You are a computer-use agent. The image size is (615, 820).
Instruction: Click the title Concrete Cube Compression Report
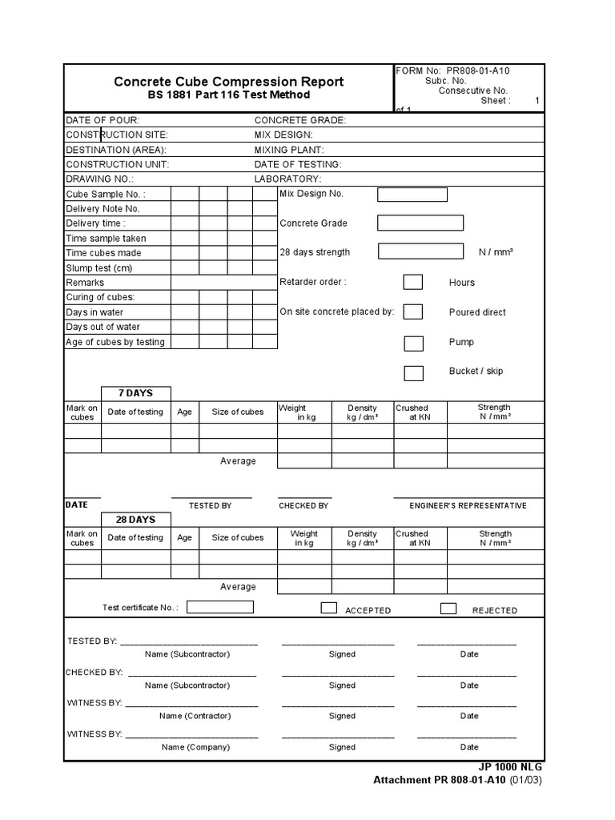(x=228, y=82)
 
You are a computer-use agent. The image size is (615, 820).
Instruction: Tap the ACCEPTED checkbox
(x=328, y=608)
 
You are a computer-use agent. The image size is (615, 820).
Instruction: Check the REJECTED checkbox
(x=448, y=608)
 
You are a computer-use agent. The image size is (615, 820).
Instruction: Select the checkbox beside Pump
(x=413, y=344)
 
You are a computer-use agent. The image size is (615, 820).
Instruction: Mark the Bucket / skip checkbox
(x=413, y=373)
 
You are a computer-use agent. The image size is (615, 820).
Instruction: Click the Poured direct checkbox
(x=413, y=312)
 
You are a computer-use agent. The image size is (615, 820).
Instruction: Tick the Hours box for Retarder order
(x=413, y=282)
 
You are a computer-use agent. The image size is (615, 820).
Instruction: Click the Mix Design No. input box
(x=412, y=195)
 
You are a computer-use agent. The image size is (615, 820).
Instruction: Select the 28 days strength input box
(x=420, y=251)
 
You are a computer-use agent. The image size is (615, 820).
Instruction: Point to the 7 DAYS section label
(x=135, y=393)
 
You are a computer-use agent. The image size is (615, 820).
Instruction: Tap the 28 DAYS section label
(x=135, y=520)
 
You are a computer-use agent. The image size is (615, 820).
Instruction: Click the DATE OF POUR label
(x=102, y=120)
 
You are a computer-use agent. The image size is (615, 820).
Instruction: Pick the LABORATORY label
(x=287, y=179)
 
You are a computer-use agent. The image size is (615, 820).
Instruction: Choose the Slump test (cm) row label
(x=99, y=268)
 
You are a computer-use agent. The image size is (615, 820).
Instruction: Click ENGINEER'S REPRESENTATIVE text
(x=468, y=506)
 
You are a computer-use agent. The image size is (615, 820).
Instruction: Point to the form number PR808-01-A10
(x=478, y=70)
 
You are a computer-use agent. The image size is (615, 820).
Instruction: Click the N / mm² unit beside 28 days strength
(x=496, y=252)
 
